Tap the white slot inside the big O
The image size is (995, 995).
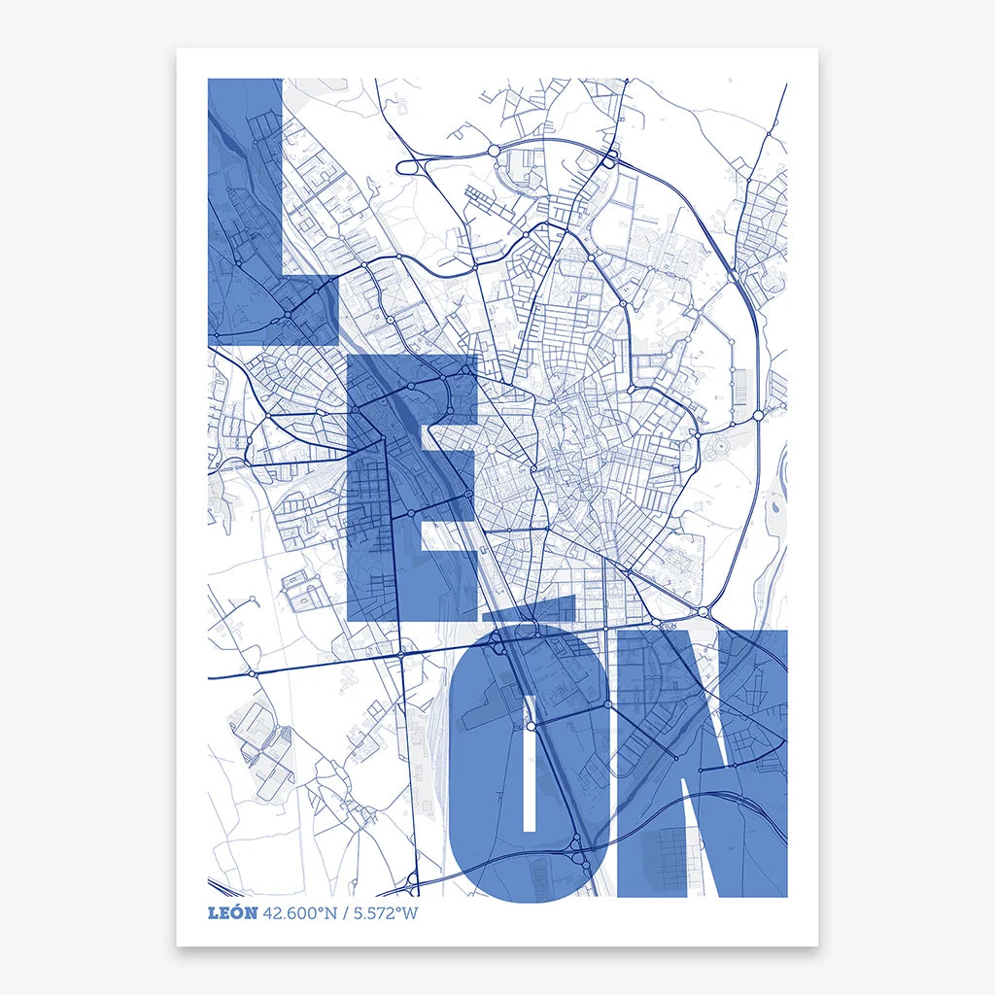tap(531, 777)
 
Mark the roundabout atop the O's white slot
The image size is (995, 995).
tap(531, 726)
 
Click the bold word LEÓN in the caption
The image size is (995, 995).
tap(233, 912)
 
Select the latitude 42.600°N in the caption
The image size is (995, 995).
tap(297, 912)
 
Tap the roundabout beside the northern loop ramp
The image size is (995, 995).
tap(494, 151)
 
